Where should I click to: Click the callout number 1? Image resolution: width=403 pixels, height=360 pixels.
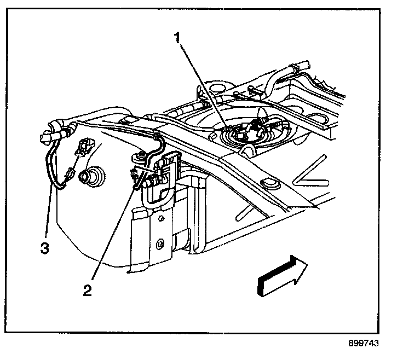point(176,38)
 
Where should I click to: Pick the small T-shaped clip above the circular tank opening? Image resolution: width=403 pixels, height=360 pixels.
point(250,90)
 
